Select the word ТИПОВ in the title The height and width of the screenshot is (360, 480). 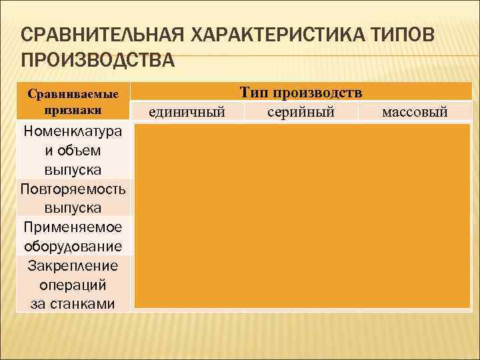[400, 34]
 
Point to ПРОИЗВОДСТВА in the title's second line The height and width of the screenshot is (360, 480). [98, 61]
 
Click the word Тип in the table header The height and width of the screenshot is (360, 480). [255, 93]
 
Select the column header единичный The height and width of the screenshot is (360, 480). [186, 111]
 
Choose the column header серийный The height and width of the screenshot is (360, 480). [301, 111]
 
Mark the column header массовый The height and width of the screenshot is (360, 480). [415, 111]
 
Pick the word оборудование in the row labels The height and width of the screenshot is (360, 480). [73, 246]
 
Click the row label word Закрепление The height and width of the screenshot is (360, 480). [73, 266]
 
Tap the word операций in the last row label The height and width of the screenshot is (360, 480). [73, 285]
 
